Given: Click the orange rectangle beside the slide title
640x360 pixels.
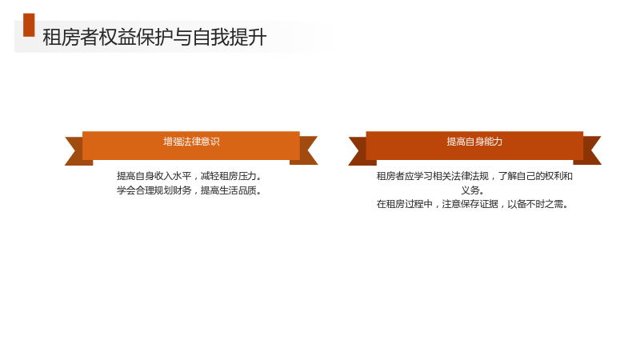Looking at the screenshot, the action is coord(29,25).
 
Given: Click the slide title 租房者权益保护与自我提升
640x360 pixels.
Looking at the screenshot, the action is coord(154,37).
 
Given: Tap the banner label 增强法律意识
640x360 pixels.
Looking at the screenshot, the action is coord(191,142).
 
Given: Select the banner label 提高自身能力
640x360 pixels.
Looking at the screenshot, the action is coord(474,142).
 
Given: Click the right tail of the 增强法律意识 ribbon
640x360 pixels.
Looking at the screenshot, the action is coord(306,150).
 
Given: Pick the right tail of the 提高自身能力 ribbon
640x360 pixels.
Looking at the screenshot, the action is coord(590,150).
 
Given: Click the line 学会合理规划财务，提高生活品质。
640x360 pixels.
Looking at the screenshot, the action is coord(189,190).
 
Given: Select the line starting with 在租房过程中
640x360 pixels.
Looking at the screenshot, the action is coord(472,204).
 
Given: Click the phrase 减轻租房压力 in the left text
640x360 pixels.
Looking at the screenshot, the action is coord(229,176).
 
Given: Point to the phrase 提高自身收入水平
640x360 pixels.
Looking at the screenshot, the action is coord(154,176).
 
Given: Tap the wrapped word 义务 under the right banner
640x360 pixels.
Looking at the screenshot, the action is coord(470,190).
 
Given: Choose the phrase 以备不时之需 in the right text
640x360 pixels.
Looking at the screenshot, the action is coord(535,204).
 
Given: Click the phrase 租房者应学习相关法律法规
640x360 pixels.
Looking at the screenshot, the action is coord(433,176).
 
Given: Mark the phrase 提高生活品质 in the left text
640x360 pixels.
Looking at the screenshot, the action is coord(229,190).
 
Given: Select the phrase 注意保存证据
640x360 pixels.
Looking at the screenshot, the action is coord(470,204).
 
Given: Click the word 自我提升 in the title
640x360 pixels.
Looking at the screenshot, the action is coord(230,37).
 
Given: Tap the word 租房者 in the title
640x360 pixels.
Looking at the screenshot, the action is coord(70,37).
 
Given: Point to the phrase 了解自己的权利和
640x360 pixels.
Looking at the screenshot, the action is coord(535,176).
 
